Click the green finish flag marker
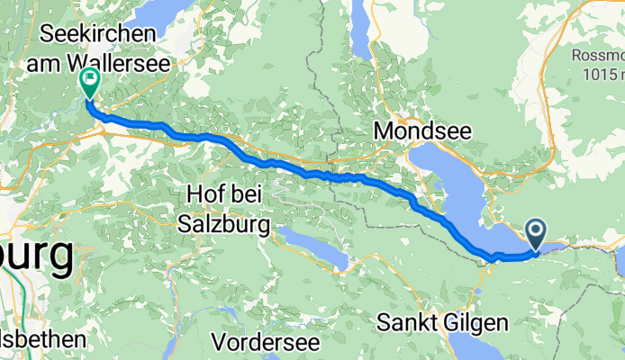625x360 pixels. click(90, 82)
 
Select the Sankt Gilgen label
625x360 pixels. click(443, 322)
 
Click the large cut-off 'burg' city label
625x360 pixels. click(36, 256)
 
